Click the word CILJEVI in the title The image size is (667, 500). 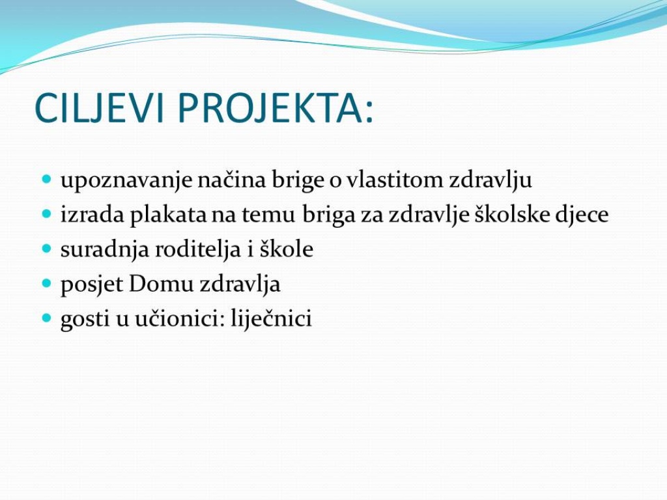tap(99, 107)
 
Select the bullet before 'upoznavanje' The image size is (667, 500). tap(47, 178)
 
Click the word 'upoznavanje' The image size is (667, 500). tap(127, 180)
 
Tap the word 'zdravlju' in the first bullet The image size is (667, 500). tap(490, 180)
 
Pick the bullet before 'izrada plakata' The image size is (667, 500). tap(47, 213)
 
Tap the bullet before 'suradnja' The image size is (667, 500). tap(47, 247)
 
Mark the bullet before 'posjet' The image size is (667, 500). tap(47, 283)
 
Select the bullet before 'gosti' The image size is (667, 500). tap(47, 317)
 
